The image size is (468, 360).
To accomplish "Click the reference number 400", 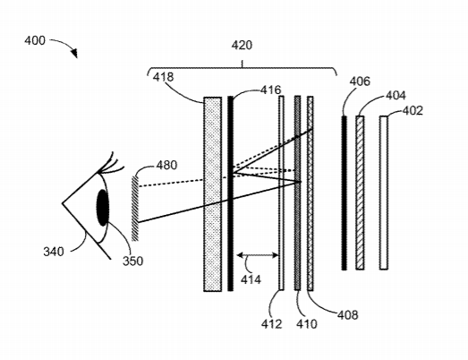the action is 35,40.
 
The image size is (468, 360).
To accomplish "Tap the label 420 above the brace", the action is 242,45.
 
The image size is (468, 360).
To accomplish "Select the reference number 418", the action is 163,77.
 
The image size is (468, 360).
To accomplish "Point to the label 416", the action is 271,90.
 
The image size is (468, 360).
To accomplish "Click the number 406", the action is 360,81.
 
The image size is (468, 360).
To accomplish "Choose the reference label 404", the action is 396,95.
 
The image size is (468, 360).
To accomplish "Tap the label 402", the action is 413,111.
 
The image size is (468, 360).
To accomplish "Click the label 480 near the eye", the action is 166,165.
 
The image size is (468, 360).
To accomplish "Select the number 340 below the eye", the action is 54,252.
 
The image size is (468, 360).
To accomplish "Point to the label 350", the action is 132,261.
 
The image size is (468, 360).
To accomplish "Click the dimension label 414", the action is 251,279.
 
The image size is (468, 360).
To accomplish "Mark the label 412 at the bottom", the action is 272,324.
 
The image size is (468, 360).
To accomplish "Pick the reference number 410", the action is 307,324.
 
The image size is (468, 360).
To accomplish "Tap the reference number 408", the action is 348,315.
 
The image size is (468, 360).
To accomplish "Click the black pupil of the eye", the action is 103,208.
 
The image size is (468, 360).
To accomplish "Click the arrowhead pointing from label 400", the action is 74,53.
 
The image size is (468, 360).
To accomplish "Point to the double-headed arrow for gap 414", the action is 258,255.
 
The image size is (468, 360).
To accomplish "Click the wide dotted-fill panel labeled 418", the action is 212,194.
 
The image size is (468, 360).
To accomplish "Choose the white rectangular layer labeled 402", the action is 384,193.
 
